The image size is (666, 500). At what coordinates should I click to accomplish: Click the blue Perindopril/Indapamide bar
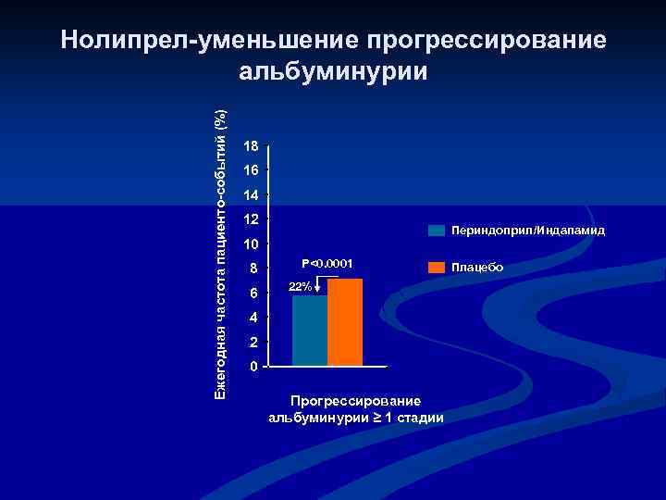tap(310, 331)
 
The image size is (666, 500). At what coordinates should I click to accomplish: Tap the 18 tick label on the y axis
tap(249, 146)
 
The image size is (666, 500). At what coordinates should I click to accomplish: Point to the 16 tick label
tap(249, 171)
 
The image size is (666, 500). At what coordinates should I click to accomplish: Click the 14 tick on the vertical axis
tap(249, 196)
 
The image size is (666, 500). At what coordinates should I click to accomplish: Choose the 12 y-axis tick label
tap(249, 220)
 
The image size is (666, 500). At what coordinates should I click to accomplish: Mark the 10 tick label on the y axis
tap(249, 245)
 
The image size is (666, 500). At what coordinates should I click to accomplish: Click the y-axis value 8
tap(253, 270)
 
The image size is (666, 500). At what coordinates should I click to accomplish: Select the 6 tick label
tap(253, 294)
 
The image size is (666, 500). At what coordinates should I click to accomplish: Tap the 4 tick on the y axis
tap(253, 319)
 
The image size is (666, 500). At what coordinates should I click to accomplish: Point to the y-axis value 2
tap(253, 343)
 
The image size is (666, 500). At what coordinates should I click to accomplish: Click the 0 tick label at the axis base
tap(253, 368)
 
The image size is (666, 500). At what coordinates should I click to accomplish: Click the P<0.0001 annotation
tap(330, 262)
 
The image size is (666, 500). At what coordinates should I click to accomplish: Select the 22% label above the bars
tap(300, 287)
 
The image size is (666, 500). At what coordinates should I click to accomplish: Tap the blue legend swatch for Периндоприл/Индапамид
tap(437, 230)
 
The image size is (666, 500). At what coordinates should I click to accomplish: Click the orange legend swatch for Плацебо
tap(437, 267)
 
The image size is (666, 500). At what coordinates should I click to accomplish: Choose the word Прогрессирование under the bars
tap(356, 401)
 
